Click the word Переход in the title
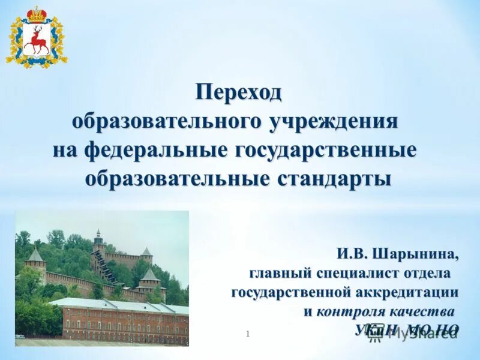238,92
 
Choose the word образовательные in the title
179,178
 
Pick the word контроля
351,311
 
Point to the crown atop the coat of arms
37,14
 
